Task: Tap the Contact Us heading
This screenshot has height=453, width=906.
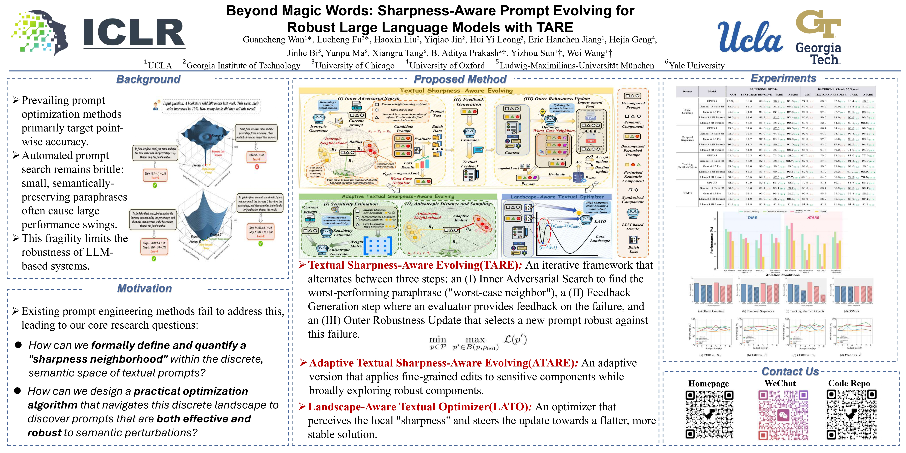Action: [790, 371]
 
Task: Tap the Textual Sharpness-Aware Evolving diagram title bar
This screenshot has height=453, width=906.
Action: [456, 91]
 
